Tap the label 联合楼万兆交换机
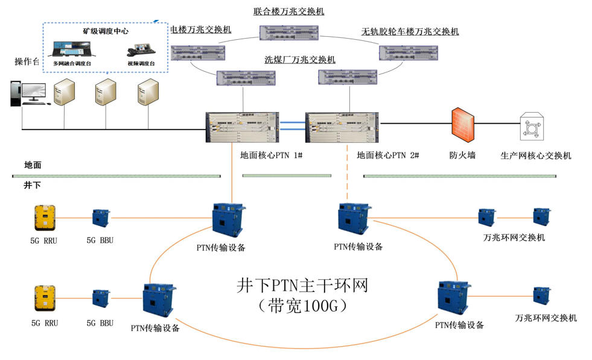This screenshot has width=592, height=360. pyautogui.click(x=288, y=11)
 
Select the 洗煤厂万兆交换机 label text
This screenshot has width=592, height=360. pyautogui.click(x=300, y=59)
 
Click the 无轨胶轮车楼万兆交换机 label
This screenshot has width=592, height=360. pyautogui.click(x=410, y=31)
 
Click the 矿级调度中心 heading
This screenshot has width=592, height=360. pyautogui.click(x=106, y=31)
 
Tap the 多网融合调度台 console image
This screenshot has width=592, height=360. pyautogui.click(x=72, y=49)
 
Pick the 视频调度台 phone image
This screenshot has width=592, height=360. pyautogui.click(x=141, y=50)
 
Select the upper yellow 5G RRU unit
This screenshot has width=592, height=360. pyautogui.click(x=45, y=218)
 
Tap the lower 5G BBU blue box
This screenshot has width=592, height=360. pyautogui.click(x=101, y=298)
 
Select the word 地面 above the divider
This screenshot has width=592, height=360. pyautogui.click(x=33, y=165)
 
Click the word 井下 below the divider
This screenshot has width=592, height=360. pyautogui.click(x=32, y=185)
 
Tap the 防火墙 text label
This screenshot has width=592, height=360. pyautogui.click(x=462, y=155)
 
